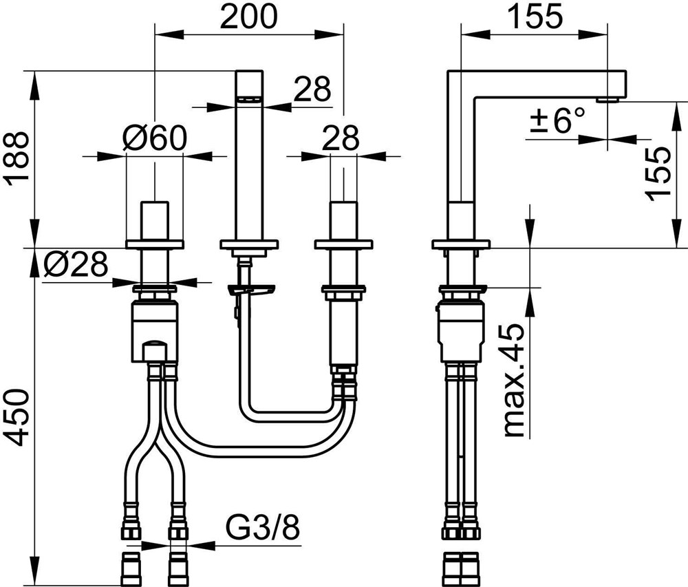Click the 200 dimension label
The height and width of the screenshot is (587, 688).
point(249,17)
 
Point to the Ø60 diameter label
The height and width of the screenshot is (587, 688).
point(155,138)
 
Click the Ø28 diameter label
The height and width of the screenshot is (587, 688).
point(76,264)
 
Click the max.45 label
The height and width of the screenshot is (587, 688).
point(513,381)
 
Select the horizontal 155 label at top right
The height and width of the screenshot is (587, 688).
point(534,17)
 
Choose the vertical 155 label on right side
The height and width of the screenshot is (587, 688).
point(658,173)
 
